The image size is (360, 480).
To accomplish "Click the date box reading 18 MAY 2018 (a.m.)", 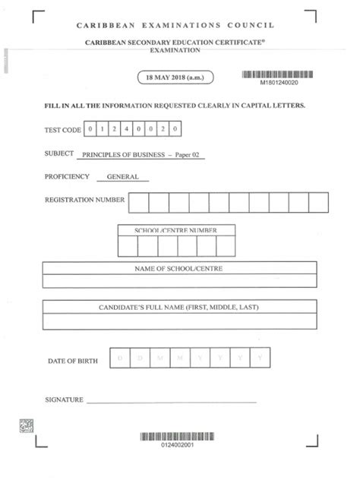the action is coord(175,77).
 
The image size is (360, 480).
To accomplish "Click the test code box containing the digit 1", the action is coord(103,129).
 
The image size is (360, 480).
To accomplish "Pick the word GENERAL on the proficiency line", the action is coord(123,177).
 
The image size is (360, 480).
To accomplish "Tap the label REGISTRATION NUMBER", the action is coord(85,201).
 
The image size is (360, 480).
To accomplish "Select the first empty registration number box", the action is coord(139,202).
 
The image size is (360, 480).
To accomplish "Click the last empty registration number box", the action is coord(318,202).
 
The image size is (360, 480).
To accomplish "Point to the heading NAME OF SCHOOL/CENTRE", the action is coord(179,268).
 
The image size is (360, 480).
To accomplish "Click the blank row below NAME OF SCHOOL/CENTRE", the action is coord(179,281).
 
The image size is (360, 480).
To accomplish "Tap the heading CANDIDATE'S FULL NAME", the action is coord(179,308).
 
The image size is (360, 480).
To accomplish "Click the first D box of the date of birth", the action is coord(120,357).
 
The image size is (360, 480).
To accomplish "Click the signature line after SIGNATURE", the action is coord(171,398).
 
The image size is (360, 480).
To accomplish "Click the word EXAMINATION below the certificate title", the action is coord(179,50).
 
